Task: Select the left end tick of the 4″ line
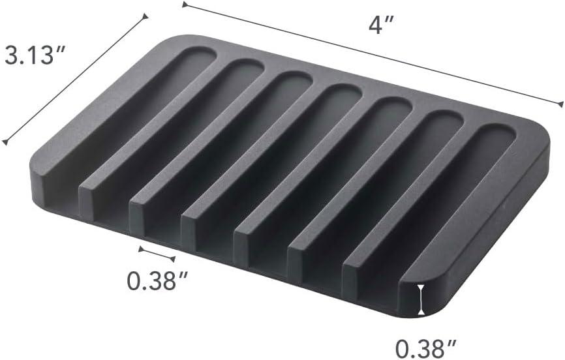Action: pyautogui.click(x=185, y=5)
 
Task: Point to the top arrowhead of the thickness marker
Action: pyautogui.click(x=422, y=287)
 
